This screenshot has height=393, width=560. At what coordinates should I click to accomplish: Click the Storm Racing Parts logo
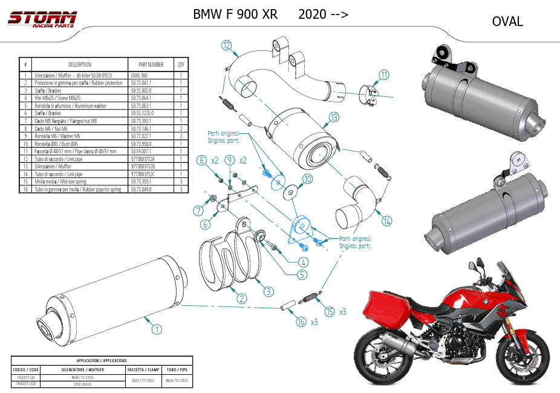pyautogui.click(x=42, y=19)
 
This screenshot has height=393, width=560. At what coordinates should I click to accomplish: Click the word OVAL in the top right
pyautogui.click(x=507, y=22)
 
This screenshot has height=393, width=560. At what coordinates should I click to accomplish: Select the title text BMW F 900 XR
pyautogui.click(x=235, y=15)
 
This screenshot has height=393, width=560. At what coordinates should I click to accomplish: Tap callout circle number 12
pyautogui.click(x=227, y=45)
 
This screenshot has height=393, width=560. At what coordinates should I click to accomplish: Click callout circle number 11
pyautogui.click(x=385, y=75)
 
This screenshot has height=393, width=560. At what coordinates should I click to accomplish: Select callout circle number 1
pyautogui.click(x=157, y=329)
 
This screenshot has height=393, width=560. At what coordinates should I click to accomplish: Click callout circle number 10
pyautogui.click(x=308, y=179)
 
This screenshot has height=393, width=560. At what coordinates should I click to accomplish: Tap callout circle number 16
pyautogui.click(x=301, y=322)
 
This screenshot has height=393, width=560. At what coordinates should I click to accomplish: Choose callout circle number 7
pyautogui.click(x=198, y=211)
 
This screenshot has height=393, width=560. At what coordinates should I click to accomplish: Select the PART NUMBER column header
pyautogui.click(x=151, y=65)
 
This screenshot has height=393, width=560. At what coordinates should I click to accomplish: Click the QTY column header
pyautogui.click(x=181, y=65)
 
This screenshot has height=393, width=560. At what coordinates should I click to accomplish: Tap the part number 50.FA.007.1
pyautogui.click(x=143, y=151)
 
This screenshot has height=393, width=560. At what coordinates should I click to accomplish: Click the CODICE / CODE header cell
pyautogui.click(x=25, y=369)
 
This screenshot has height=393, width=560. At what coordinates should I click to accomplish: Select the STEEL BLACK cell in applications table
pyautogui.click(x=83, y=384)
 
